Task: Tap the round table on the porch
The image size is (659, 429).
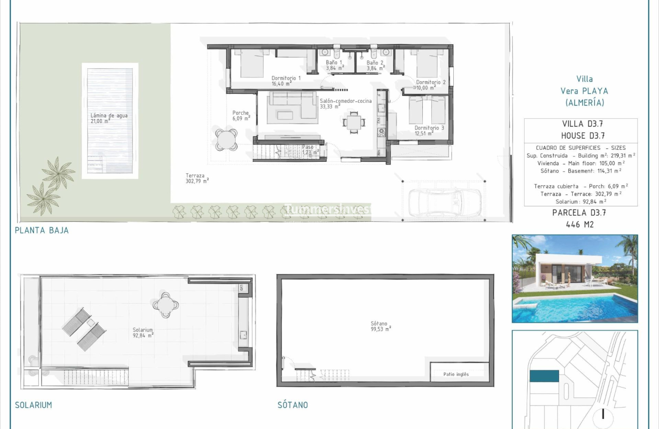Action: pyautogui.click(x=226, y=139)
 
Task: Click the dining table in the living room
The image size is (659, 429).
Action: pyautogui.click(x=353, y=121)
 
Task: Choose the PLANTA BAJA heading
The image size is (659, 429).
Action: pyautogui.click(x=42, y=230)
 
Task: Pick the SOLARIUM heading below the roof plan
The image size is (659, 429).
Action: pyautogui.click(x=33, y=405)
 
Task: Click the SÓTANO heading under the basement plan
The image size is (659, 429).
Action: pyautogui.click(x=293, y=405)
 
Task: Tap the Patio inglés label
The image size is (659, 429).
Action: pyautogui.click(x=456, y=374)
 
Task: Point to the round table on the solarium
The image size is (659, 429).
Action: pyautogui.click(x=165, y=304)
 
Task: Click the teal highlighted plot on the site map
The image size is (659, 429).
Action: pyautogui.click(x=544, y=376)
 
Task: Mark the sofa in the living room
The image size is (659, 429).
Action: pyautogui.click(x=293, y=107)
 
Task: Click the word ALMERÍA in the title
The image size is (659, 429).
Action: pyautogui.click(x=585, y=103)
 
